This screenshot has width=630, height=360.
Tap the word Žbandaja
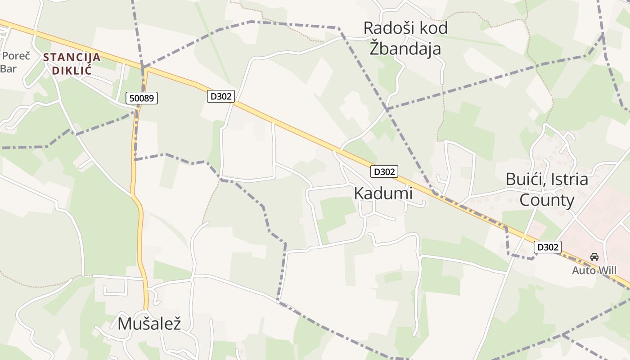pyautogui.click(x=405, y=49)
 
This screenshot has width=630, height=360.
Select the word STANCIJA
pyautogui.click(x=72, y=58)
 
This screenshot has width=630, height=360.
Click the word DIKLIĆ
pyautogui.click(x=72, y=71)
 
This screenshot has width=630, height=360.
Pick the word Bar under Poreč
pyautogui.click(x=8, y=69)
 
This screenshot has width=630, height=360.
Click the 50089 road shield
pyautogui.click(x=142, y=98)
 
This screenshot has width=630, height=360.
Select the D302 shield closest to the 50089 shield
pyautogui.click(x=220, y=96)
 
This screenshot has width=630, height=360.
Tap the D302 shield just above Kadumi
pyautogui.click(x=384, y=171)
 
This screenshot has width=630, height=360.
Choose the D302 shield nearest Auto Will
pyautogui.click(x=548, y=247)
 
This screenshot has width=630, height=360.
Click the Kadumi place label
pyautogui.click(x=383, y=193)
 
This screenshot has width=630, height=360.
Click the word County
pyautogui.click(x=547, y=200)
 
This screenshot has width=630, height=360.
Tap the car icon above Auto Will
pyautogui.click(x=594, y=257)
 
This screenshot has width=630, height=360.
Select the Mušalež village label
pyautogui.click(x=149, y=324)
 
